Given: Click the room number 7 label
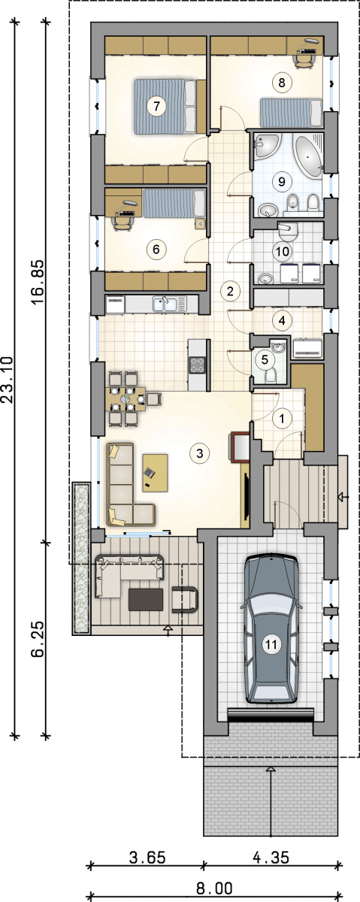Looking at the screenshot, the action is tap(156, 106).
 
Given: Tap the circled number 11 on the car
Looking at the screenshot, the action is tap(271, 645).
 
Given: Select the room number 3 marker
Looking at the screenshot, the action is tap(200, 453).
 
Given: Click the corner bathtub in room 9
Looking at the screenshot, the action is tap(309, 155).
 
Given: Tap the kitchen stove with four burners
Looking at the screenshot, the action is tap(198, 365).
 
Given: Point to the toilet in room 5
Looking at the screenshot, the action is tap(271, 375).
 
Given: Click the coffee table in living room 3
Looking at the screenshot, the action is tap(155, 473).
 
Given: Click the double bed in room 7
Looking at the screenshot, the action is tap(165, 106).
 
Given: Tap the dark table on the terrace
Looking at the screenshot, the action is tap(146, 600).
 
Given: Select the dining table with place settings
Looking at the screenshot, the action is tap(126, 399).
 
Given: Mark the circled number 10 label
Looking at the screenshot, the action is tap(283, 252).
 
